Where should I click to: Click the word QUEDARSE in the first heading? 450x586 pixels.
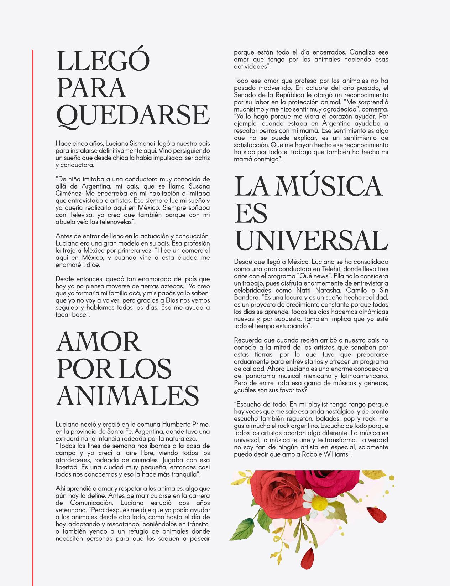133,115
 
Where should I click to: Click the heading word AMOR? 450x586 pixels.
98,342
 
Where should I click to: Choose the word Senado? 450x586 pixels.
245,95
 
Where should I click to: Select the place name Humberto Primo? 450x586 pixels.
186,425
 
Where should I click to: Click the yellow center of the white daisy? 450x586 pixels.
319,504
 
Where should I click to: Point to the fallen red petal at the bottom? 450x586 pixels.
312,556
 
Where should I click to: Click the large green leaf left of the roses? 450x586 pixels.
246,527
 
